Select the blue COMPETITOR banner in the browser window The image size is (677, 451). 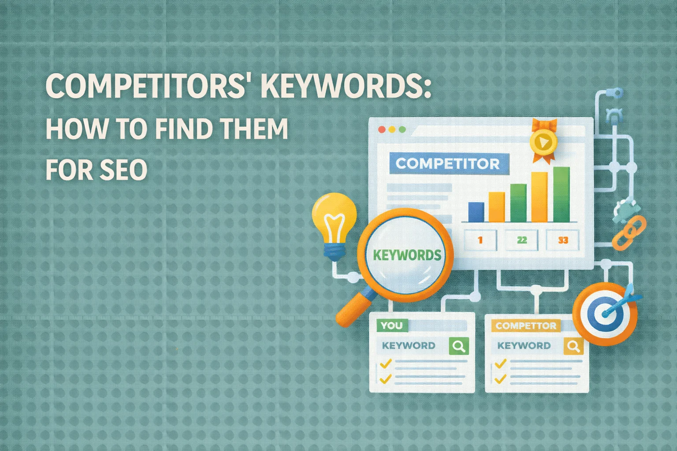tap(448, 164)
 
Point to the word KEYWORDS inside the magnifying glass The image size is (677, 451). tap(407, 255)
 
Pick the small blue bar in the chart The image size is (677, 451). tap(476, 212)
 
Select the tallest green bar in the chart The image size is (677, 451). tap(561, 194)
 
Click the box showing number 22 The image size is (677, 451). tap(522, 240)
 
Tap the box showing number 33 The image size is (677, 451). tap(563, 240)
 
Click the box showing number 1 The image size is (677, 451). tap(480, 240)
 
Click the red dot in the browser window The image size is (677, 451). tap(382, 129)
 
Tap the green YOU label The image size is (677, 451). tap(391, 325)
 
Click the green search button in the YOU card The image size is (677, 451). tap(458, 346)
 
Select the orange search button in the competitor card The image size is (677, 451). tap(573, 346)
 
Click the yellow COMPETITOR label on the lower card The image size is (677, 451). tap(526, 325)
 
